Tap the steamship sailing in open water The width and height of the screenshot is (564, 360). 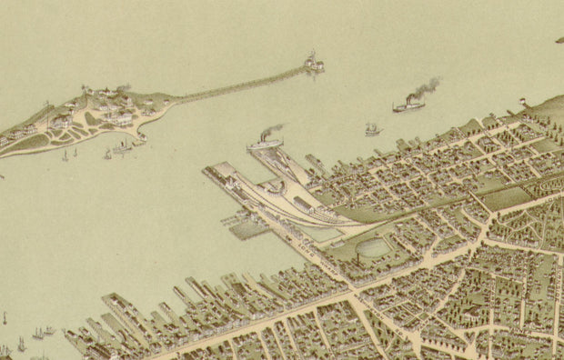(x=408, y=106)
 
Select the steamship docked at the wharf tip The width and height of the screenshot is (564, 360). (x=264, y=143)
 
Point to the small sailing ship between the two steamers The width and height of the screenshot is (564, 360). (x=371, y=129)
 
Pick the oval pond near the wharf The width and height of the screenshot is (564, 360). (x=373, y=247)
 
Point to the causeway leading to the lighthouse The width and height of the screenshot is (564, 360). (x=237, y=85)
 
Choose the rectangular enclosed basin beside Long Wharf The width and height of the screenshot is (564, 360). (x=248, y=228)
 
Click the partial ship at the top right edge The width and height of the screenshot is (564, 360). (x=559, y=39)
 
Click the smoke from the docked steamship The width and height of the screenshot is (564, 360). (x=272, y=130)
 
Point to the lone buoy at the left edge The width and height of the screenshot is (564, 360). (x=5, y=319)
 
